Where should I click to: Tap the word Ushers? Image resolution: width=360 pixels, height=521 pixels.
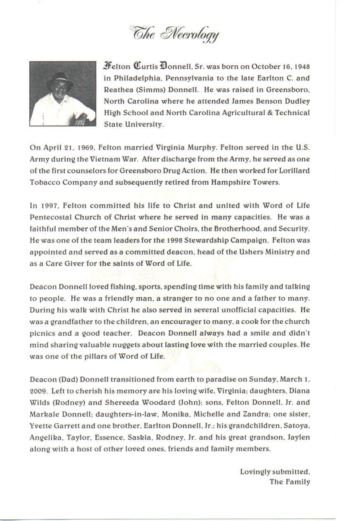[x=227, y=252]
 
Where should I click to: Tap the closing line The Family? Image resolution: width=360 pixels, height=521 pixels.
[x=289, y=482]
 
